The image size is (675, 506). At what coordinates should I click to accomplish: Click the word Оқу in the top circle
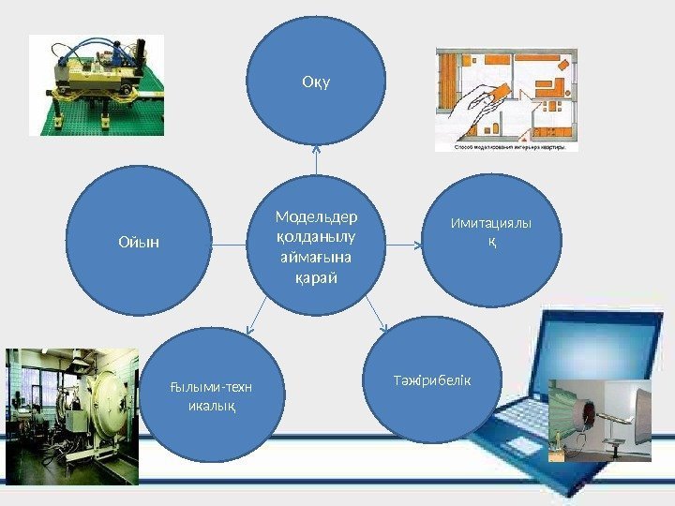[317, 82]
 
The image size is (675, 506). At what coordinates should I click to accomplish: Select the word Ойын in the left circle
[139, 242]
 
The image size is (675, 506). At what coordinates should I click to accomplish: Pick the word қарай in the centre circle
[317, 279]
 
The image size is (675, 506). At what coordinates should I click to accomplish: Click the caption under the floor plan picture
[506, 147]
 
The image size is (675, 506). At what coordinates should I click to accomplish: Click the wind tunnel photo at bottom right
[600, 420]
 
